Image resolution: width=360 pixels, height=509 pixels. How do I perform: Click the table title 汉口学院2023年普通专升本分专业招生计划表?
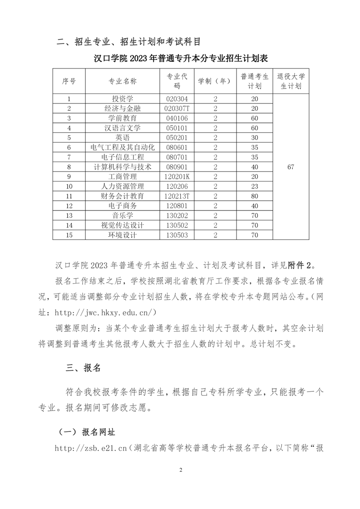click(180, 59)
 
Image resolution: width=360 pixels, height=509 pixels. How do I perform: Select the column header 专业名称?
click(122, 81)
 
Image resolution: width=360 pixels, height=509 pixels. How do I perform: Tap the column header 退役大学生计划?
click(291, 81)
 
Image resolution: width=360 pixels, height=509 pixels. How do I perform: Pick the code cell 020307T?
click(177, 108)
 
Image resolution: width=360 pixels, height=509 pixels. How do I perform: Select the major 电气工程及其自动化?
click(122, 147)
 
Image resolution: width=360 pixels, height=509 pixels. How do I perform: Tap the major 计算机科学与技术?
click(122, 166)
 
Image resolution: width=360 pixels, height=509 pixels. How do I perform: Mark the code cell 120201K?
click(177, 176)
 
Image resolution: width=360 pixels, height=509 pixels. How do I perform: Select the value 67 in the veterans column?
click(291, 166)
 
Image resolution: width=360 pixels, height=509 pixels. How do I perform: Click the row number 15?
click(69, 235)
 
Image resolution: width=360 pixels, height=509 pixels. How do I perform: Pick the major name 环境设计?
click(122, 235)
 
